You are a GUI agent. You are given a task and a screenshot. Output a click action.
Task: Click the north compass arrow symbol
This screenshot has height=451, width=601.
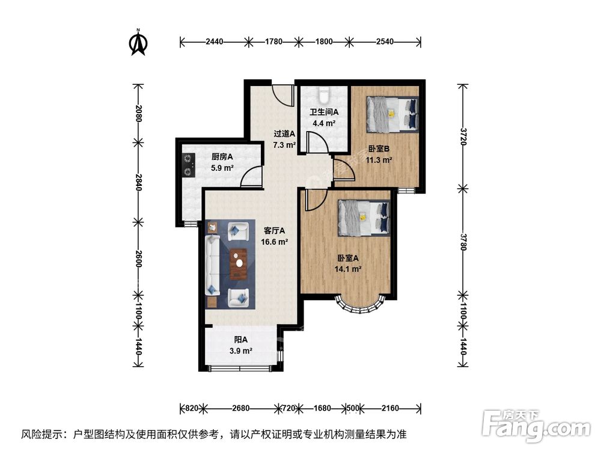[x=139, y=43]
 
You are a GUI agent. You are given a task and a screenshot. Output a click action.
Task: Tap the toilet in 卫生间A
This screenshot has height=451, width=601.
[x=324, y=94]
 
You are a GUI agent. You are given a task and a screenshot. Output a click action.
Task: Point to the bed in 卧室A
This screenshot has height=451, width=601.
[x=363, y=216]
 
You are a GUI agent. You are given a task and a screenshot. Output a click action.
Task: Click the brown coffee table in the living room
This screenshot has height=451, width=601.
[x=239, y=263]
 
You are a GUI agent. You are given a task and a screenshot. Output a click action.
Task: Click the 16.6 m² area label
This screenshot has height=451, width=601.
[x=274, y=242]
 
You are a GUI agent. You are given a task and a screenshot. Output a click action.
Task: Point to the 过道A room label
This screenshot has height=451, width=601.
[x=284, y=133]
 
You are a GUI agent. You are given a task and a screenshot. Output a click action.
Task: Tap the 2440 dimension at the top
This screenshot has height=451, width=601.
[x=215, y=41]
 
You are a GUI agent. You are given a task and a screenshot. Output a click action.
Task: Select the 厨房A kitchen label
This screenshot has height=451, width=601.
[x=222, y=158]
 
